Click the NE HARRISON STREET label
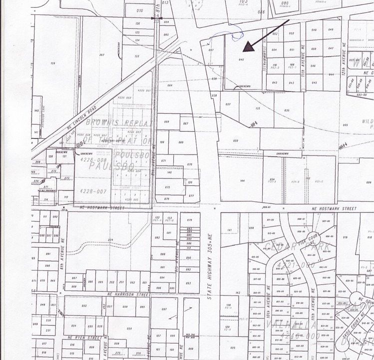point(125,294)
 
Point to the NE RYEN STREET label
point(85,337)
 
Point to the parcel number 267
point(102,55)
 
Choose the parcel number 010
point(139,10)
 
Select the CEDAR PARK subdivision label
point(291,246)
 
